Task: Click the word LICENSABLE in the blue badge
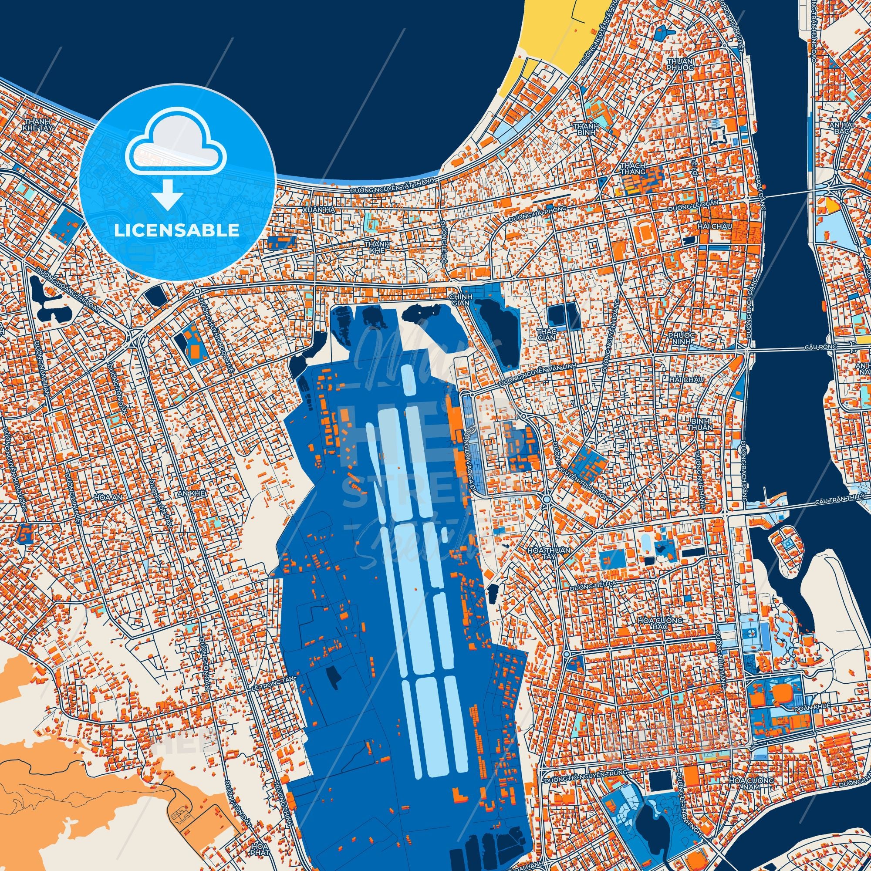[x=177, y=230]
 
